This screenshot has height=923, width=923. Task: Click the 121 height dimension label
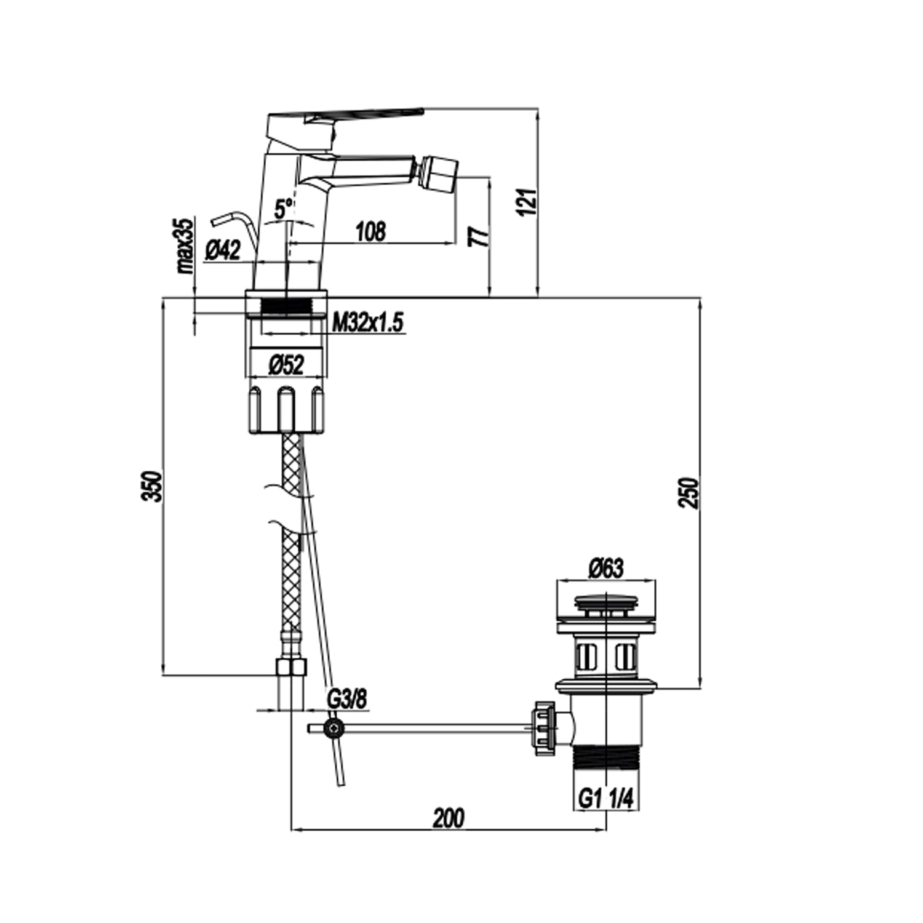(529, 201)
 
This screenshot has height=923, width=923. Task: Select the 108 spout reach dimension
(370, 231)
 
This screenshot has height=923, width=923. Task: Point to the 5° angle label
(284, 208)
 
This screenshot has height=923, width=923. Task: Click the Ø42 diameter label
(223, 250)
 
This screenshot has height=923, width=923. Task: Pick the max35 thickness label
(185, 246)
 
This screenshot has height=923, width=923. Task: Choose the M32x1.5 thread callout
(368, 322)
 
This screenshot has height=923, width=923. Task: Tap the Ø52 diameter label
(287, 366)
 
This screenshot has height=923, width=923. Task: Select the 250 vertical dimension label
(691, 492)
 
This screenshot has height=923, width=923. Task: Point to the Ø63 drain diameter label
(605, 568)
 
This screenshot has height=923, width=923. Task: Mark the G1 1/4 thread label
(605, 799)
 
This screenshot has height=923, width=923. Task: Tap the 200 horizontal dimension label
(449, 818)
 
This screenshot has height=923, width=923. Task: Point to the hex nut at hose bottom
(291, 668)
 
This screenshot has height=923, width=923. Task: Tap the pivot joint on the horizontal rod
(334, 729)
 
